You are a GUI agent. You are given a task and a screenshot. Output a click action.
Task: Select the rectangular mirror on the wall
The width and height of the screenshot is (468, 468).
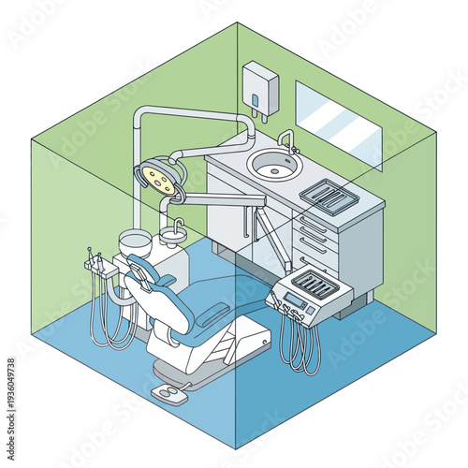click(x=338, y=124)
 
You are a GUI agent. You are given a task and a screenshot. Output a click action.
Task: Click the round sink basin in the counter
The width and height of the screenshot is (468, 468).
click(x=271, y=166)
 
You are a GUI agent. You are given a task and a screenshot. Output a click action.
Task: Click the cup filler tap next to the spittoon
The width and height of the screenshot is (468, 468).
click(x=175, y=227)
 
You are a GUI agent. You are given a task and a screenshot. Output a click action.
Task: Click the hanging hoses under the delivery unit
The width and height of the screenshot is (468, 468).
click(x=300, y=346)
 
